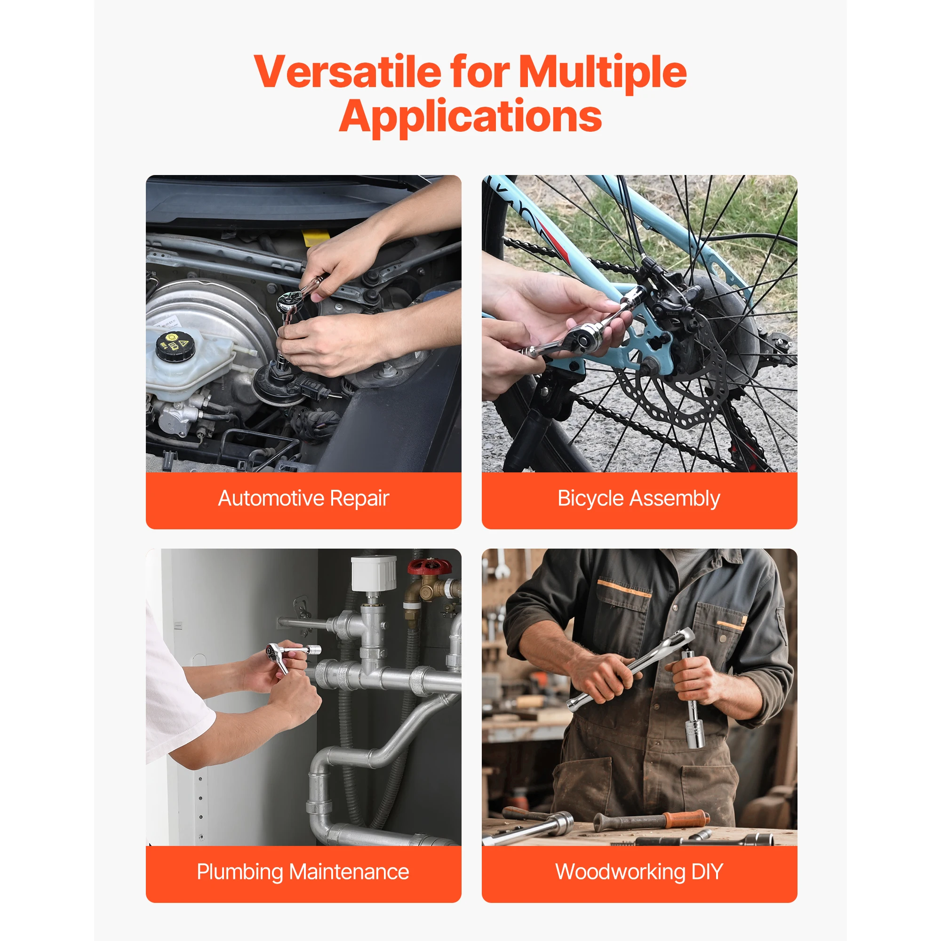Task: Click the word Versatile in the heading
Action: pos(347,72)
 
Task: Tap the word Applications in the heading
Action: pos(470,117)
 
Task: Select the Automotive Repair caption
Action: pos(303,499)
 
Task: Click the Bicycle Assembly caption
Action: pos(638,499)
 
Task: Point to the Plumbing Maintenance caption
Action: pos(303,872)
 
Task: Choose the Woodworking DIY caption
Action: pos(638,872)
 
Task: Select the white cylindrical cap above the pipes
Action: pos(374,574)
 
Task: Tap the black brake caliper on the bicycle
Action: pos(672,297)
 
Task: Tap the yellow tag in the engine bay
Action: pos(310,238)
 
